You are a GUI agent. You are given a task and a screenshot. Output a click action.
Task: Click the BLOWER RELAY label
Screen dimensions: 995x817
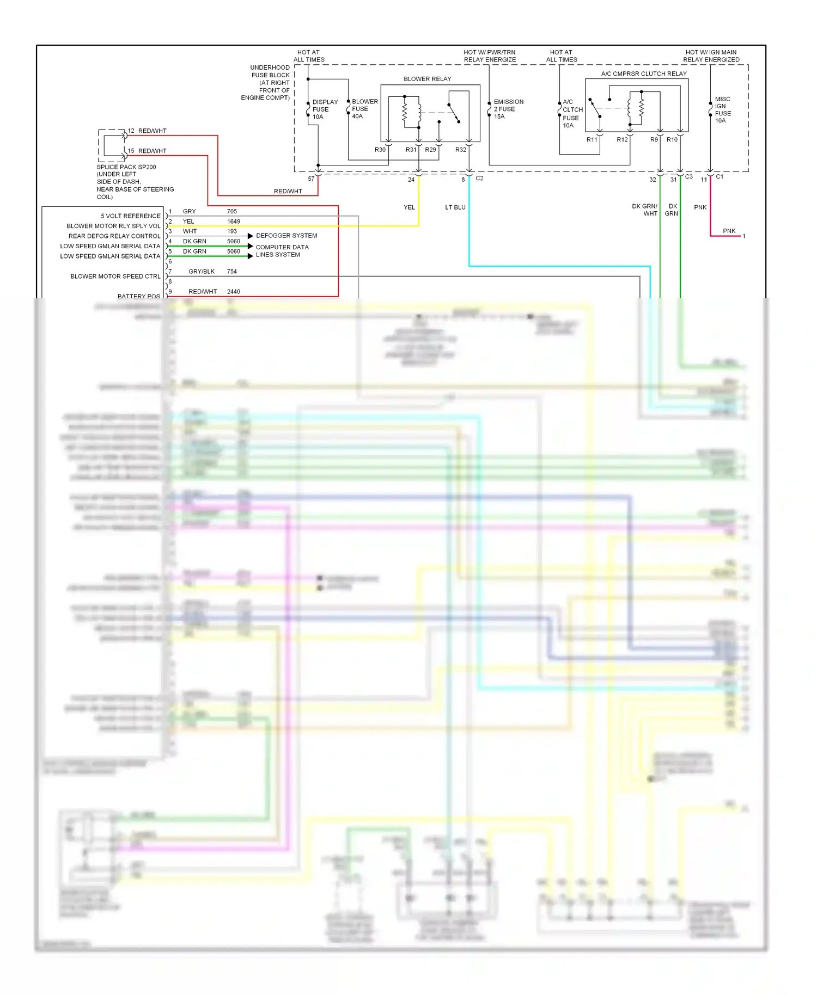point(427,79)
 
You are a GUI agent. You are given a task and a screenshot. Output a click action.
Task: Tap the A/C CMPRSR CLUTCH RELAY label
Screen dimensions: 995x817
point(644,74)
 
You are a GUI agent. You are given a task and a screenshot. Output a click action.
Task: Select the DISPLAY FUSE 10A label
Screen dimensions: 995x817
point(325,109)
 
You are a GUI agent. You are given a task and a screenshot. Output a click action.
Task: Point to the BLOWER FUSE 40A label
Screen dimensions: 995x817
point(364,109)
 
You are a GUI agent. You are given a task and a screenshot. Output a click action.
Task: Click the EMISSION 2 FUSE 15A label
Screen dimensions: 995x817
point(508,109)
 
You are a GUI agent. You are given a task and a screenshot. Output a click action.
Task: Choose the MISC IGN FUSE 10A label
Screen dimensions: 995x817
point(723,110)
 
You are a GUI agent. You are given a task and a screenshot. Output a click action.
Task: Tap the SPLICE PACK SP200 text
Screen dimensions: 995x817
point(126,167)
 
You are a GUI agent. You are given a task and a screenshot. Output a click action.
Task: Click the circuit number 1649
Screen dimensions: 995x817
point(233,222)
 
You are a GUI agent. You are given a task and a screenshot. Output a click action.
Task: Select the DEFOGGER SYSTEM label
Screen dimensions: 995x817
point(286,236)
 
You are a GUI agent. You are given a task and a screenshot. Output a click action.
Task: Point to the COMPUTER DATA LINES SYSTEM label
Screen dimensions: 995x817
point(282,251)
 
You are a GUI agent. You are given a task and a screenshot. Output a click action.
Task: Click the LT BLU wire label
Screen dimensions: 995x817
point(455,207)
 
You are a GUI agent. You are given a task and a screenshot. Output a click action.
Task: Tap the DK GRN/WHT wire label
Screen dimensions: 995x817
point(645,210)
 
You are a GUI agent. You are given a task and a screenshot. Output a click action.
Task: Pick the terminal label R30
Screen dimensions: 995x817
point(380,150)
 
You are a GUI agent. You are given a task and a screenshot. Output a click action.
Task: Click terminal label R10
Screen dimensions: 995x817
point(672,140)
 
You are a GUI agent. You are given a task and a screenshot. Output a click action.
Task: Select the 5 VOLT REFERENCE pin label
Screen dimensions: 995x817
point(130,216)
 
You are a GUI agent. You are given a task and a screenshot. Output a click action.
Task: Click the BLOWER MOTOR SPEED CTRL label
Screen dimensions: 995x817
point(115,277)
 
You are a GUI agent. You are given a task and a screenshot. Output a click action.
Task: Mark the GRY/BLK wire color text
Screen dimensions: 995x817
point(202,272)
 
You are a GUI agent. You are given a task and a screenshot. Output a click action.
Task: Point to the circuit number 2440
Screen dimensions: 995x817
point(233,292)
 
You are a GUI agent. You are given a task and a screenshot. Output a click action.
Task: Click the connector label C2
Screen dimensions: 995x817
point(479,179)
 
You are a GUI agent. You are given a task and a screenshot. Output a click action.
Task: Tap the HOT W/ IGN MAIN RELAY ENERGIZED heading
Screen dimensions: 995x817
point(711,56)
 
